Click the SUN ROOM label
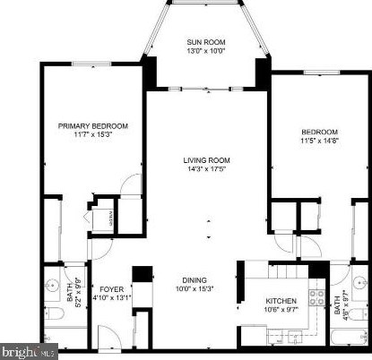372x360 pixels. [205, 42]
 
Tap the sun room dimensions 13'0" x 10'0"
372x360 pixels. [205, 51]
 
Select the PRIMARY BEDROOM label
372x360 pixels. [94, 126]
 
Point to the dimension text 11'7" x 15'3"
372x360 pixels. [94, 135]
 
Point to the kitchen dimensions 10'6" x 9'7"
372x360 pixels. [281, 311]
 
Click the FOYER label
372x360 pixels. [111, 288]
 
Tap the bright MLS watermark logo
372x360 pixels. [29, 352]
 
